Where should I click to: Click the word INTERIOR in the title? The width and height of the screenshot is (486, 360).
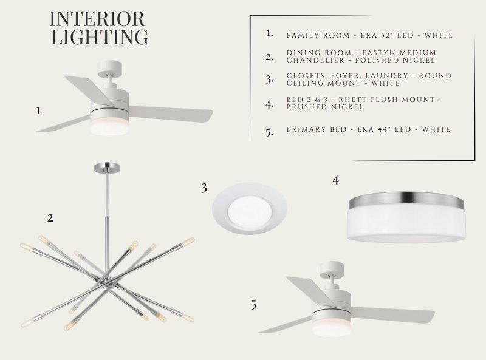click(x=97, y=19)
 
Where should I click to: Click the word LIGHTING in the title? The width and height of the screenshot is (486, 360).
click(x=99, y=37)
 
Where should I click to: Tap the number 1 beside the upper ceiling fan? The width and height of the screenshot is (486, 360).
click(x=38, y=110)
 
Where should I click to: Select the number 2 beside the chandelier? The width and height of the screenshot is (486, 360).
click(x=50, y=218)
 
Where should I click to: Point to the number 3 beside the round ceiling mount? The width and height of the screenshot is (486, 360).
click(x=204, y=188)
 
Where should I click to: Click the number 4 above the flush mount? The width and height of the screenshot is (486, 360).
click(x=335, y=180)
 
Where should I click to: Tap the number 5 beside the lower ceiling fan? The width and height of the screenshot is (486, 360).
click(x=253, y=305)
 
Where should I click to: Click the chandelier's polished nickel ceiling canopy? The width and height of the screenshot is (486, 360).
click(x=108, y=168)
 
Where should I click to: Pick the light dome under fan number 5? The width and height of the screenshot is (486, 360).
click(x=331, y=328)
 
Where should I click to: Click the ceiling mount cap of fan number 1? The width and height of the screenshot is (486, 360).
click(x=109, y=68)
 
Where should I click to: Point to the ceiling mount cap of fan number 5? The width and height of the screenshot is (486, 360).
click(x=331, y=269)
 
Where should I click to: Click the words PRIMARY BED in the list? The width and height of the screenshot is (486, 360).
click(x=317, y=129)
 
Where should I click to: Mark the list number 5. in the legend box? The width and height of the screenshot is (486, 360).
click(x=269, y=132)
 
